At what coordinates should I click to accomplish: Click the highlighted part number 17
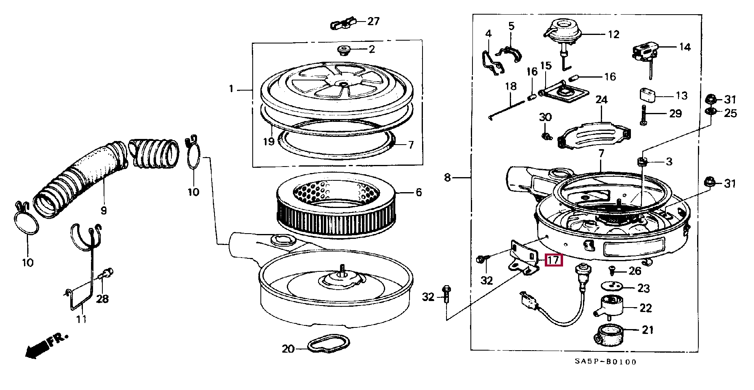click(554, 260)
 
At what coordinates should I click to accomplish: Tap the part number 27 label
click(373, 21)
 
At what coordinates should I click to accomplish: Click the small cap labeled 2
click(344, 51)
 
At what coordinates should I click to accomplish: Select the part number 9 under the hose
click(104, 210)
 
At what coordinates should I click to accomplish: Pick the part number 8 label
click(447, 178)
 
